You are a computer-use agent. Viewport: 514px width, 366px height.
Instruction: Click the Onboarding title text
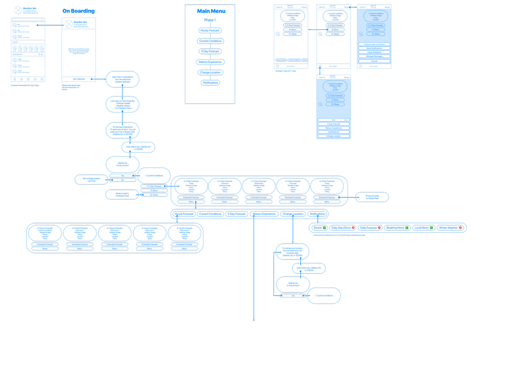[x=79, y=11]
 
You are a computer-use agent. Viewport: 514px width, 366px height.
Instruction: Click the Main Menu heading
[x=210, y=11]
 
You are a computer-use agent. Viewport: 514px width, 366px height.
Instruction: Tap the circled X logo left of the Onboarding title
[x=19, y=10]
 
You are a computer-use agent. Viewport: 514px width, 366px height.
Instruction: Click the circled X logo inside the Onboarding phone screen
[x=69, y=24]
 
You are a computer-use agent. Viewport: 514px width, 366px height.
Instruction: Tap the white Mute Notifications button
[x=374, y=48]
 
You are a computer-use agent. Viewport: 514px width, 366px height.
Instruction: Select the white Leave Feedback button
[x=374, y=52]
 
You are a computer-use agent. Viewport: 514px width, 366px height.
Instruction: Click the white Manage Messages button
[x=374, y=56]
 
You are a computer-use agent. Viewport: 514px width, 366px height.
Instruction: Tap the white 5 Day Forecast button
[x=333, y=124]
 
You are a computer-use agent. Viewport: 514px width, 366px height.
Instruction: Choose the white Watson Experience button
[x=333, y=128]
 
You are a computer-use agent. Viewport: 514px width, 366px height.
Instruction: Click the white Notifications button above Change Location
[x=333, y=132]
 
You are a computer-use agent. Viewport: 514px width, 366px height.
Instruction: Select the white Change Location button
[x=333, y=136]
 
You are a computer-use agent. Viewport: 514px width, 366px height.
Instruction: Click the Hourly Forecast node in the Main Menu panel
[x=210, y=31]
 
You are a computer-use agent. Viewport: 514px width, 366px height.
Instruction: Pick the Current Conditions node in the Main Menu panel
[x=210, y=41]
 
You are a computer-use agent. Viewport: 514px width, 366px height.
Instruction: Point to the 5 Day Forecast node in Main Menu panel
[x=210, y=51]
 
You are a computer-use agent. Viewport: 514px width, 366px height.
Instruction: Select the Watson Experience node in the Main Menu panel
[x=210, y=62]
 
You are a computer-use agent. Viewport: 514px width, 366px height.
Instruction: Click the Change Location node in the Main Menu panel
[x=210, y=72]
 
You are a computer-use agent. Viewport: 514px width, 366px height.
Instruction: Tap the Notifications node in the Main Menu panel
[x=210, y=83]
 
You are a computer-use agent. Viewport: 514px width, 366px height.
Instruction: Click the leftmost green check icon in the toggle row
[x=325, y=228]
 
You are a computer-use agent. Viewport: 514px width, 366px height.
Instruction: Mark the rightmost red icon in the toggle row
[x=461, y=228]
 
